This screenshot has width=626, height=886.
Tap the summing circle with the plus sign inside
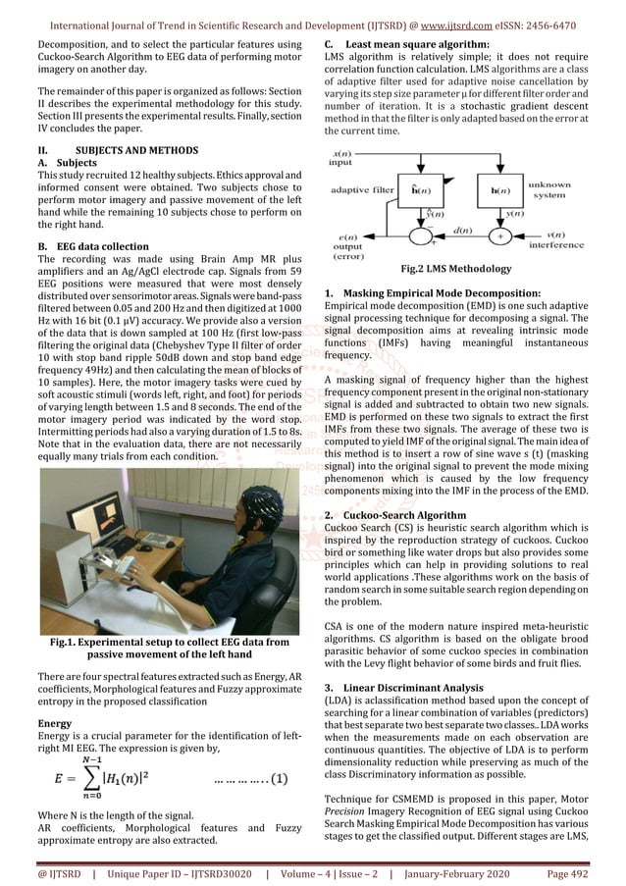pos(498,235)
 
